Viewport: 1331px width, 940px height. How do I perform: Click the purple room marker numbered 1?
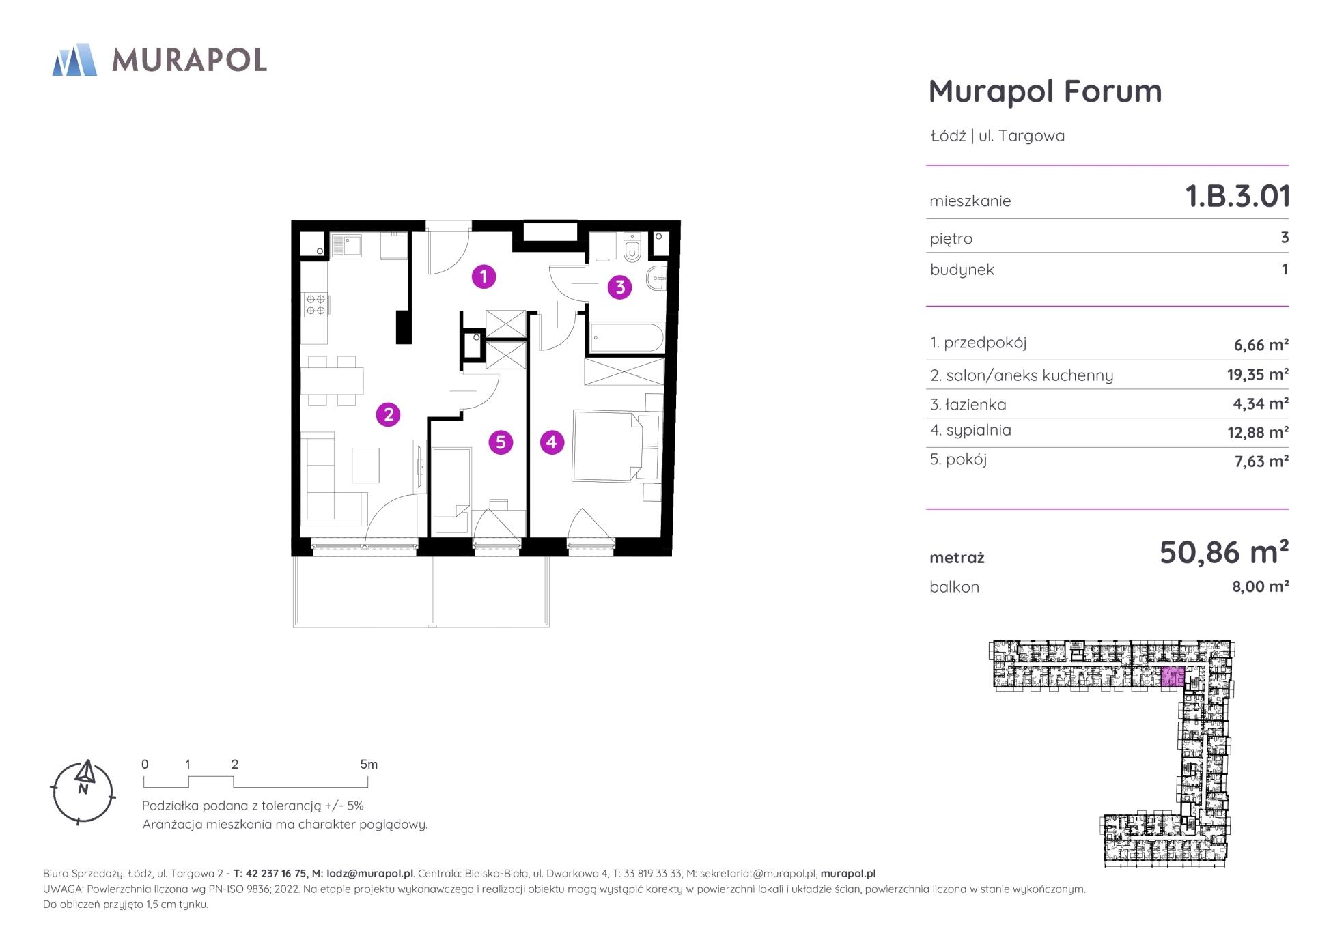[484, 276]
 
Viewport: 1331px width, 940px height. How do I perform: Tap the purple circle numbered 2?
[388, 414]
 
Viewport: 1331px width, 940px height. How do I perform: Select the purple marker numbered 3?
[620, 287]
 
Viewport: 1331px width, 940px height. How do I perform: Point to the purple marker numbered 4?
[552, 442]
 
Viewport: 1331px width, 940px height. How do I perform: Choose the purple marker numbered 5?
[501, 442]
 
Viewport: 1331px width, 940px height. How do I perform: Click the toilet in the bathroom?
[632, 248]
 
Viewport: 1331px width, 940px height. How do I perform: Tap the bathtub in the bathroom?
[626, 337]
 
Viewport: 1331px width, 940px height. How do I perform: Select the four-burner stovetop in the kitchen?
[316, 304]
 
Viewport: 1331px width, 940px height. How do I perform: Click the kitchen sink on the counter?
[346, 245]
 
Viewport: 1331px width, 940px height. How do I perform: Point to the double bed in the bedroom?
[608, 446]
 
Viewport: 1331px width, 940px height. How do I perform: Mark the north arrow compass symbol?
[83, 792]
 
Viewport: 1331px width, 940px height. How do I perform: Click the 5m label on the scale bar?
[369, 765]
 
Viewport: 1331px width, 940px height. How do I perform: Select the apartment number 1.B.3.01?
[1237, 197]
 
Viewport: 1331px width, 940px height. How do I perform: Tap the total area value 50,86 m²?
[1224, 552]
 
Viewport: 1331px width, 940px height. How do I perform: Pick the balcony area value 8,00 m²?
[1260, 586]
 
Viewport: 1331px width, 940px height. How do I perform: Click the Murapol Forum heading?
[1045, 91]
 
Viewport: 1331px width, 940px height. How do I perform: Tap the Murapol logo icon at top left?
[74, 59]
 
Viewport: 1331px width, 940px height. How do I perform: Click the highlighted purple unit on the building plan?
[1172, 676]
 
